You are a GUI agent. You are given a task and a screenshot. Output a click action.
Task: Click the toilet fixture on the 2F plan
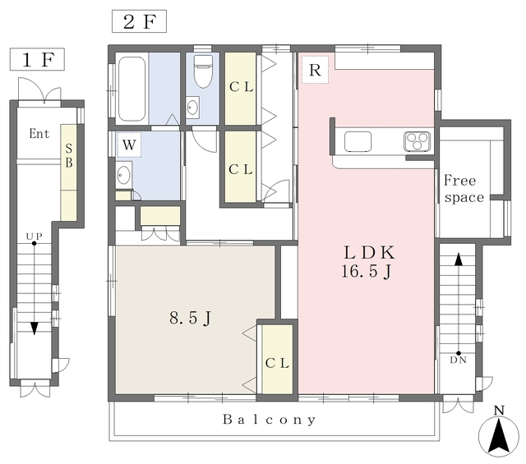pos(203,71)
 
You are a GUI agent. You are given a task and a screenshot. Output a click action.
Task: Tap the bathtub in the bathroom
pos(132,89)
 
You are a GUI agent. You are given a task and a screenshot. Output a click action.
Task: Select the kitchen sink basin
pos(358,141)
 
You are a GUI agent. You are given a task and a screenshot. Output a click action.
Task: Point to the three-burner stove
pos(417,140)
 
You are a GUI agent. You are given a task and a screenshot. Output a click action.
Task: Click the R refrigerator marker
pos(315,70)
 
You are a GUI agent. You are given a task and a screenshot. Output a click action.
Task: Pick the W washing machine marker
pos(129,145)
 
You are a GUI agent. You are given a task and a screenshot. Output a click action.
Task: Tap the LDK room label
pos(369,252)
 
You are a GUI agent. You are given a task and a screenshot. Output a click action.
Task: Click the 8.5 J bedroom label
pos(190,318)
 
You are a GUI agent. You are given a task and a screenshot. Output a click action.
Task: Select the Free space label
pos(464,189)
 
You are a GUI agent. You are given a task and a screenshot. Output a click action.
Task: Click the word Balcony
pos(270,420)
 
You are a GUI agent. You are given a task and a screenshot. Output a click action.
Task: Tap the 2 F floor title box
pos(139,21)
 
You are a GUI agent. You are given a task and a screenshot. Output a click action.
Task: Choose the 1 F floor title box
pos(37,59)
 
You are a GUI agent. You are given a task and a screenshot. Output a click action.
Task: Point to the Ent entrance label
pos(39,133)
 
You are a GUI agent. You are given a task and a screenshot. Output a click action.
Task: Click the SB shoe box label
pos(69,155)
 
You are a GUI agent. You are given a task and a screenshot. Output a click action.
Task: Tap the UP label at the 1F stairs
pos(35,237)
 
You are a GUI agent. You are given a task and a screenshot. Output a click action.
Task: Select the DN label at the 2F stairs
pos(459,360)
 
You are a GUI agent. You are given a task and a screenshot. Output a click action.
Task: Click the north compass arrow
pos(499,435)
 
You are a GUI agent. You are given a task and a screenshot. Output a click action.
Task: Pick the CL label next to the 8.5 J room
pos(277,363)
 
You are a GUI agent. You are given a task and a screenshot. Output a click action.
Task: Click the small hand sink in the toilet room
pos(193,108)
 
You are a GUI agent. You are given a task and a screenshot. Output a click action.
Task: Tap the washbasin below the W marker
pos(124,176)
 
